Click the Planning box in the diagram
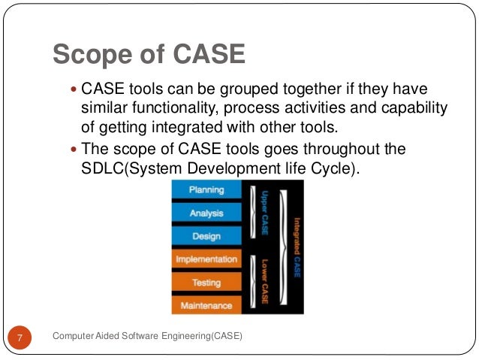[206, 190]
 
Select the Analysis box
[206, 213]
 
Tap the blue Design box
[206, 236]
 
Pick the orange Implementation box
[206, 259]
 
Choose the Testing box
[206, 283]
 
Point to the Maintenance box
[206, 306]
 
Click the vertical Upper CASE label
[264, 213]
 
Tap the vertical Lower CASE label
[264, 283]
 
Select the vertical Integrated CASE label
[297, 247]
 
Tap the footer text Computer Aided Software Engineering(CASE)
[148, 336]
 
